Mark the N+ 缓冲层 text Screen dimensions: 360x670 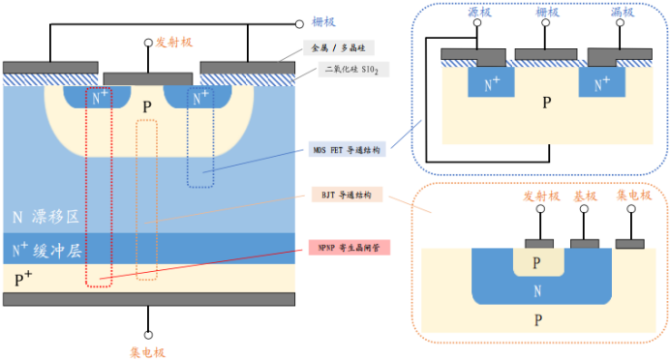point(48,250)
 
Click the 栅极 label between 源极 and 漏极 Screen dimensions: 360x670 point(548,14)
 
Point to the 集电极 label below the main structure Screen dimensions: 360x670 point(148,351)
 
